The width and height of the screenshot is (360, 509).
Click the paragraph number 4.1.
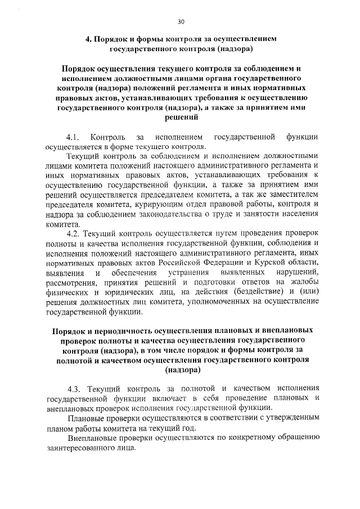click(x=74, y=137)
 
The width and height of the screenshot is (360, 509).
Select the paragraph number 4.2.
click(x=74, y=232)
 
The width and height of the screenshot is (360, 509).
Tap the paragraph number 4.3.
click(x=74, y=388)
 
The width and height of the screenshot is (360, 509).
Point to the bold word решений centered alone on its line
click(x=182, y=118)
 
